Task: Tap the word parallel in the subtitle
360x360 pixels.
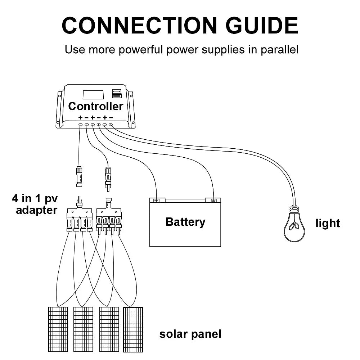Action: [278, 49]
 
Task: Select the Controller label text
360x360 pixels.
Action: [95, 106]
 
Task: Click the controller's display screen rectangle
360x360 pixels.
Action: [93, 95]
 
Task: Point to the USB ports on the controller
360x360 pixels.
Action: [117, 94]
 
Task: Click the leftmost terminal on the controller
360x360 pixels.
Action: [80, 125]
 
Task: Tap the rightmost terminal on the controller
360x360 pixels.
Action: [111, 125]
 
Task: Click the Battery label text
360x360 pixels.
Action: [185, 222]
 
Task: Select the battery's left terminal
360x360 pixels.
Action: [156, 200]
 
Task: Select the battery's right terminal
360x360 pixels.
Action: [213, 200]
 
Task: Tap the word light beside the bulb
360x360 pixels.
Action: [328, 223]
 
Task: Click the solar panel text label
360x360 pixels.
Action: [190, 334]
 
